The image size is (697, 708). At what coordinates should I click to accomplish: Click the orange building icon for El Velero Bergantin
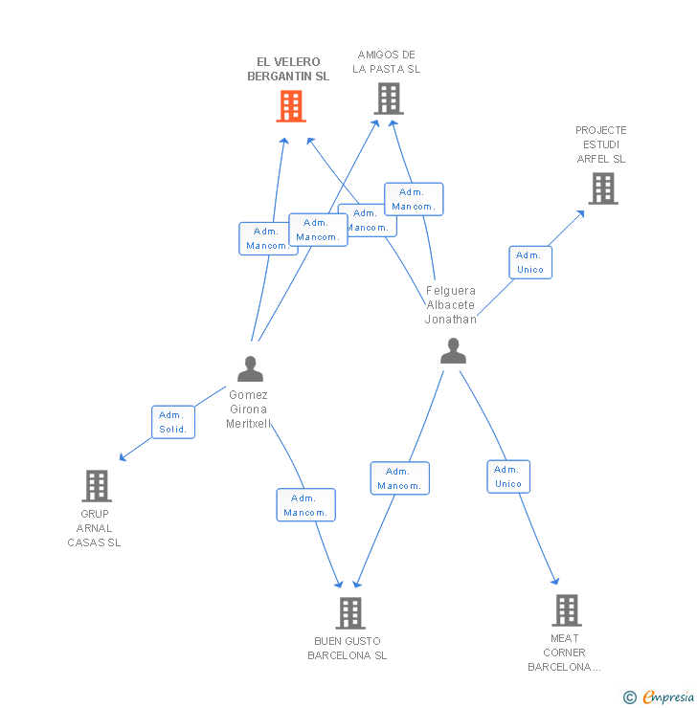click(x=291, y=106)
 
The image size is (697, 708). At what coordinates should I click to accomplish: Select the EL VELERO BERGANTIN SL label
click(x=288, y=69)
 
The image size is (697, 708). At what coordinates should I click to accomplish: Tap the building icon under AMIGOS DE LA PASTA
click(x=388, y=99)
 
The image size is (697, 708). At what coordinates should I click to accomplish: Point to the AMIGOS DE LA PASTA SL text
click(x=387, y=61)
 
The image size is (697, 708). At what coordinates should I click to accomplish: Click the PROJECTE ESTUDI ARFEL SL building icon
click(x=602, y=188)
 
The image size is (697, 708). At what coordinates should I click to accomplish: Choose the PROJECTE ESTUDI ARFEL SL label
click(x=601, y=144)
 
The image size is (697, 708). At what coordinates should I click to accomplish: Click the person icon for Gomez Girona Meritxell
click(x=250, y=368)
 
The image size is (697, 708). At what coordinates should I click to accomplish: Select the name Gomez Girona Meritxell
click(x=249, y=409)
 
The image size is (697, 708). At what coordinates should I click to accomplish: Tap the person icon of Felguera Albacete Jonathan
click(x=453, y=351)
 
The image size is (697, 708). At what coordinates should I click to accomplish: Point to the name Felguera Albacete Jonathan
click(x=451, y=305)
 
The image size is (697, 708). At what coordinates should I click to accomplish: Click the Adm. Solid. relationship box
click(x=173, y=422)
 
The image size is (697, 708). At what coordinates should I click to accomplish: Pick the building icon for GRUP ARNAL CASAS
click(x=96, y=486)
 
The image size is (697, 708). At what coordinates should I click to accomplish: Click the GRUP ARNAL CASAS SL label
click(x=95, y=528)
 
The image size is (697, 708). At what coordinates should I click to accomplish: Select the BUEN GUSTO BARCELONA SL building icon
click(x=350, y=612)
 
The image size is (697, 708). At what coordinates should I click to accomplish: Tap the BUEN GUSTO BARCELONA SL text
click(x=348, y=649)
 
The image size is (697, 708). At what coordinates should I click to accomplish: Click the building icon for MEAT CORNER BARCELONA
click(x=566, y=609)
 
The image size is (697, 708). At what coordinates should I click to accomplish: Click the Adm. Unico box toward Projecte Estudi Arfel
click(x=530, y=262)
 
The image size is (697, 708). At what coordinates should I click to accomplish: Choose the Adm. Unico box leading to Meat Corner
click(x=508, y=476)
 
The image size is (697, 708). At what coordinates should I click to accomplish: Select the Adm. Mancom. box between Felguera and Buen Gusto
click(x=399, y=478)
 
